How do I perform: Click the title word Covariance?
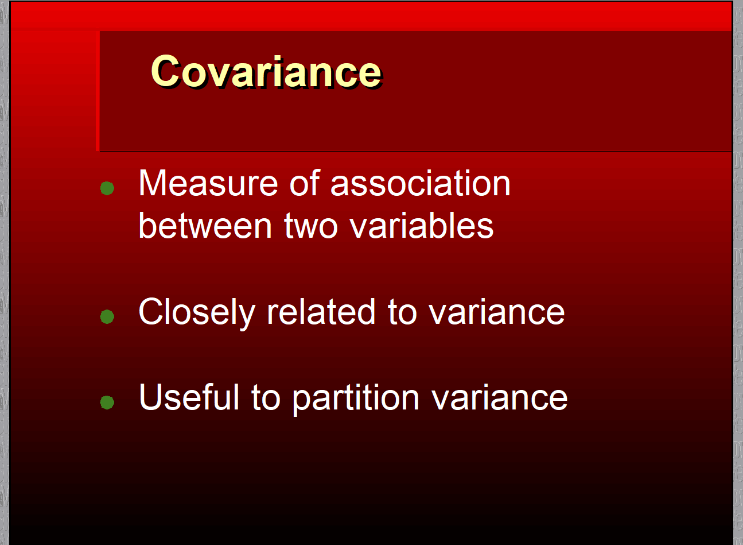coord(267,71)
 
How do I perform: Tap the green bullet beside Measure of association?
coord(107,188)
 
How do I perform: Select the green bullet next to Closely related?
coord(107,316)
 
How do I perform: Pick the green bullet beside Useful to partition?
coord(107,402)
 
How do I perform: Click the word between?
coord(205,225)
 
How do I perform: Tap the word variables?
coord(422,225)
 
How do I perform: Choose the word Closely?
coord(197,312)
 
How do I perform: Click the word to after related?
coord(402,312)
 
